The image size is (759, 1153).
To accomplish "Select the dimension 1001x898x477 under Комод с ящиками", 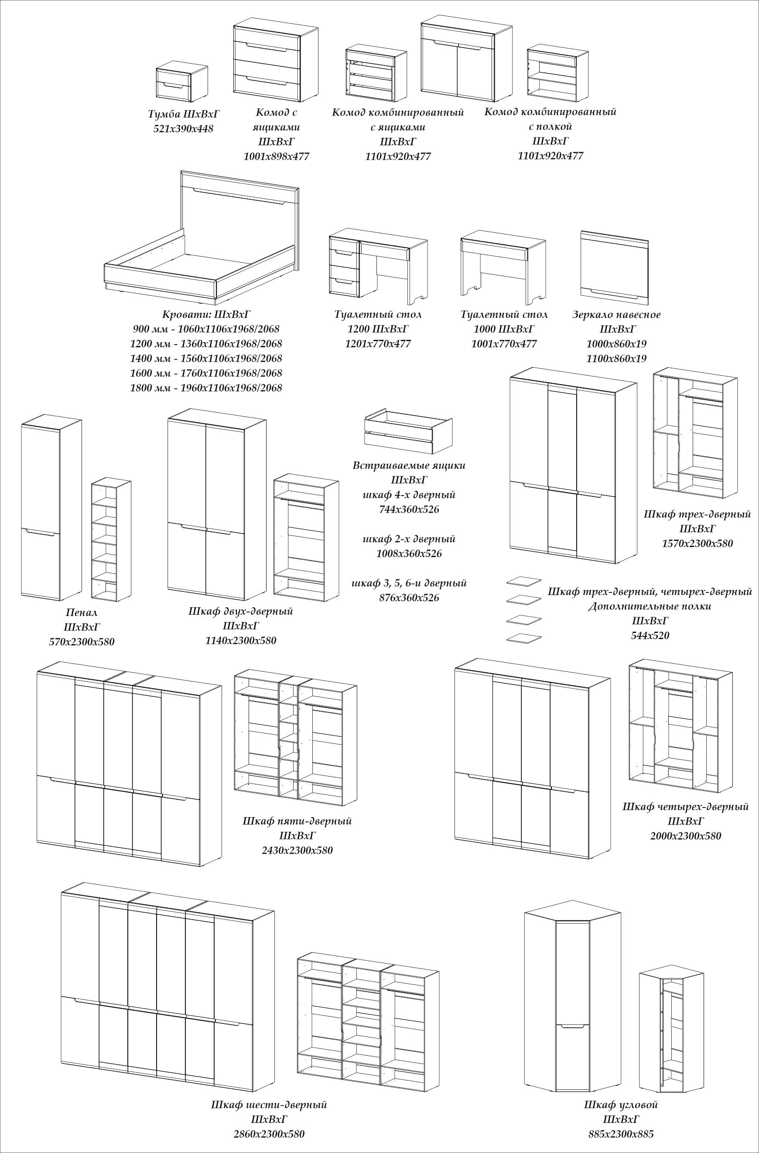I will coord(276,157).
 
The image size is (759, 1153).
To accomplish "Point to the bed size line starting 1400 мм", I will coord(206,359).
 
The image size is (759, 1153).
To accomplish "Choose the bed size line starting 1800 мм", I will coord(206,388).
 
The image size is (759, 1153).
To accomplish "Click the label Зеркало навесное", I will coord(616,315).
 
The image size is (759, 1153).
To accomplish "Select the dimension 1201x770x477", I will coord(377,344).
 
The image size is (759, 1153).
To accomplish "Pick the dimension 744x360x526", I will coord(409,510).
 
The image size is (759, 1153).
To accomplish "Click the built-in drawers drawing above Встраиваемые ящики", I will coord(408,429).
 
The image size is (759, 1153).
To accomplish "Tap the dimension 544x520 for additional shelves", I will coord(650,636).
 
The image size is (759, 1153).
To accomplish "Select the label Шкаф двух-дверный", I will coord(240,611).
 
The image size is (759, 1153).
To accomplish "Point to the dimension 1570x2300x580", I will coord(697,544).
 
